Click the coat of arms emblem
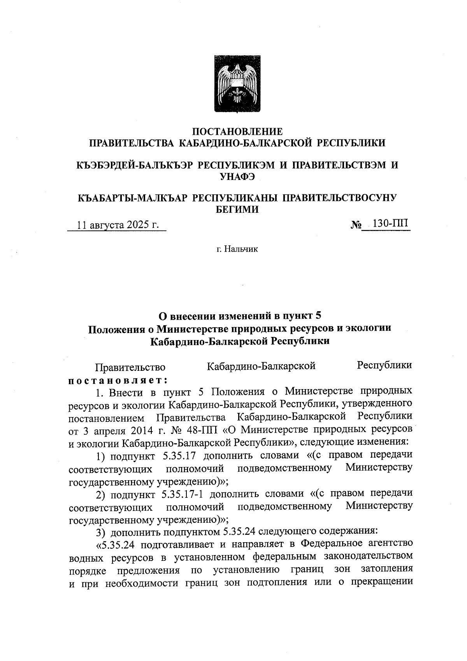tap(238, 84)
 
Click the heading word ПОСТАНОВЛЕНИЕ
tap(238, 131)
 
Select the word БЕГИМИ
tap(237, 209)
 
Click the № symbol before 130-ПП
tap(356, 225)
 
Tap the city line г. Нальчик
tap(237, 249)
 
